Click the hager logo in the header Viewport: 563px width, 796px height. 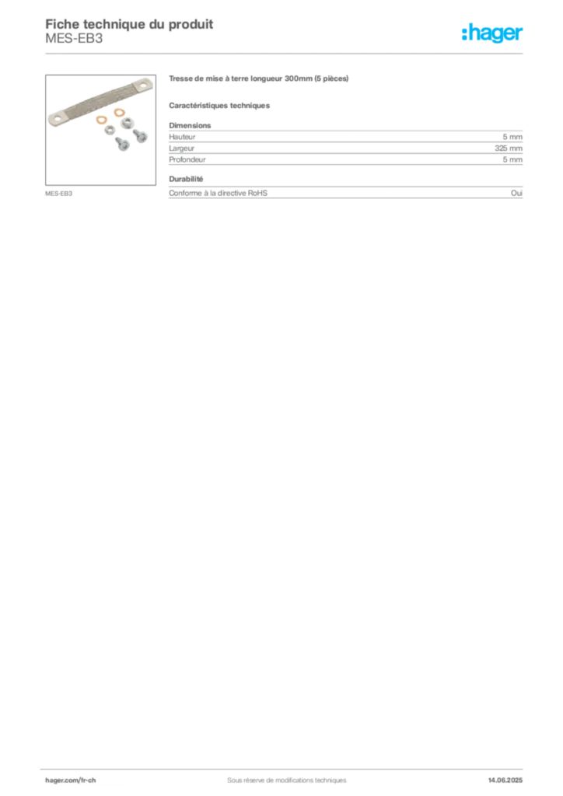[492, 33]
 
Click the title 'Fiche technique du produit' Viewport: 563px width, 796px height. [129, 24]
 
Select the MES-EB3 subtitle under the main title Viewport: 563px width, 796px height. [74, 39]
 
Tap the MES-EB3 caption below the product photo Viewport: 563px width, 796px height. [59, 194]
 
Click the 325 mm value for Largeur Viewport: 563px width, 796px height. [508, 148]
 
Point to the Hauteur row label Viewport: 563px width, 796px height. [182, 137]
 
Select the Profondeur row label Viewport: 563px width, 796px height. [187, 159]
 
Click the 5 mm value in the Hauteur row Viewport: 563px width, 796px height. [512, 137]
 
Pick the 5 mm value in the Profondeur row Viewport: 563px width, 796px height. [512, 159]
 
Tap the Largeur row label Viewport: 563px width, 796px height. [182, 148]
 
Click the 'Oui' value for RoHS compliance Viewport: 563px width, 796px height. [516, 193]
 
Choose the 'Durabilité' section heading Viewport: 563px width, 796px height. [186, 179]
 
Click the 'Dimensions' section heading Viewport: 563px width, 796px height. [190, 125]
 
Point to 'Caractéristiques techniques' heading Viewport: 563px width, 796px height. [219, 106]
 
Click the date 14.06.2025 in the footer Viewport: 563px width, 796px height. [505, 780]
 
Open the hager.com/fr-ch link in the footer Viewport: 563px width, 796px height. [71, 780]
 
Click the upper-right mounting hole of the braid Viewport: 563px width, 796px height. [143, 85]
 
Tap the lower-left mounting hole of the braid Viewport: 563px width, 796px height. [56, 120]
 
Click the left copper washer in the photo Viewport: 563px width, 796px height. [102, 120]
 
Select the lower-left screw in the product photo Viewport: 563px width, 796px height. [122, 144]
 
